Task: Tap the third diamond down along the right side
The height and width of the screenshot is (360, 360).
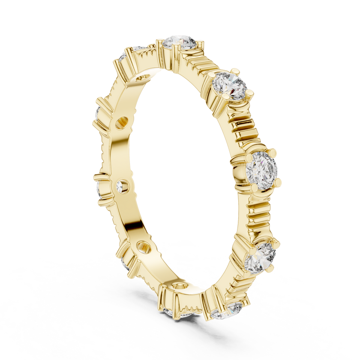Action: [x=262, y=168]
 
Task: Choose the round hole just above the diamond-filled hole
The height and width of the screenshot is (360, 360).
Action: [x=121, y=123]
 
